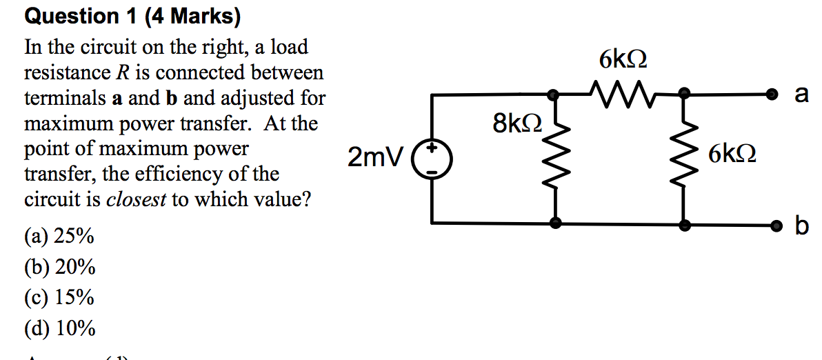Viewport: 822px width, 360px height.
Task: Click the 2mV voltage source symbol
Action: [x=432, y=159]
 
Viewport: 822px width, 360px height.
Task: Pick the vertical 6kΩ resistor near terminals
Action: [x=684, y=159]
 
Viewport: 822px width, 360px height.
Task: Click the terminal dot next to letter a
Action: [x=774, y=94]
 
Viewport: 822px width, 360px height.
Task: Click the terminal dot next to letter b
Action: [x=774, y=225]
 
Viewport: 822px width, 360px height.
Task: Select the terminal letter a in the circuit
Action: [x=801, y=94]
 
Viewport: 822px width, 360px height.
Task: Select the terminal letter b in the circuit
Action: [x=801, y=224]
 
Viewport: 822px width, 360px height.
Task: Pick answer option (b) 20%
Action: [x=60, y=267]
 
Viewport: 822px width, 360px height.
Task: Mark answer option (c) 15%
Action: [x=59, y=297]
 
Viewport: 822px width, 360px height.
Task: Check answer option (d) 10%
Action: [x=60, y=328]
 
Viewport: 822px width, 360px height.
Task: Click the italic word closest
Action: [x=135, y=199]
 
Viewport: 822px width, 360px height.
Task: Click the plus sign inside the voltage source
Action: [x=432, y=148]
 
